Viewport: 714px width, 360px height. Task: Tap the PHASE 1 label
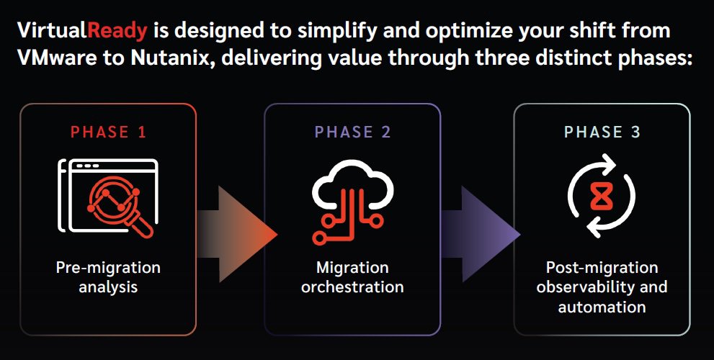coord(110,132)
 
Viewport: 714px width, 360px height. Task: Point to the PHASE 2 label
coord(353,132)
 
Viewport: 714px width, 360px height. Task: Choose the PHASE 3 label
coord(602,132)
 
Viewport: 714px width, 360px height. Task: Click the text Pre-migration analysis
coord(108,277)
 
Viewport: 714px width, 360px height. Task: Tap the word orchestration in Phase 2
coord(352,287)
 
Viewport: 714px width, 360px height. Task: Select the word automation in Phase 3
coord(602,306)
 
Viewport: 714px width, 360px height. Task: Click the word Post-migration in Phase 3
coord(602,268)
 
